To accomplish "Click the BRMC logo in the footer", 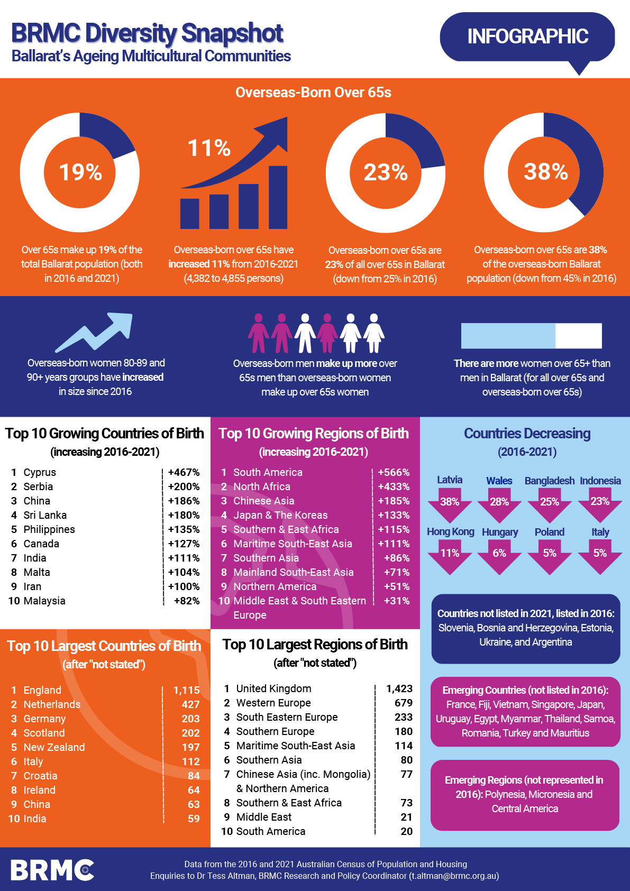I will [x=52, y=870].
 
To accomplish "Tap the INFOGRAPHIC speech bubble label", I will [x=527, y=36].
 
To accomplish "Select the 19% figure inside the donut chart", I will [x=80, y=172].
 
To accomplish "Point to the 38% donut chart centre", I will [x=545, y=172].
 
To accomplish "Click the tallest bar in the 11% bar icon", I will [x=278, y=197].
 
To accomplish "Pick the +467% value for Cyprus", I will [x=184, y=472].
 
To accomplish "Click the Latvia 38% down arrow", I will [x=450, y=503].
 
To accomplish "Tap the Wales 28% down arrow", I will [x=499, y=503].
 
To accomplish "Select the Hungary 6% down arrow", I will [x=499, y=555].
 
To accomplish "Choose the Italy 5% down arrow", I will [x=600, y=555].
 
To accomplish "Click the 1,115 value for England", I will [x=187, y=690].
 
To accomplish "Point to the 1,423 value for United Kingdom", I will [x=399, y=688].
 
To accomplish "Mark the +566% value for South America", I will [x=394, y=472].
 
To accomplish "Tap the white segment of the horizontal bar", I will [x=579, y=336].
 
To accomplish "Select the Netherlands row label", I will [x=52, y=704].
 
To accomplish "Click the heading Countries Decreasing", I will [x=527, y=434].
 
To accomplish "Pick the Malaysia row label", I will [x=44, y=601].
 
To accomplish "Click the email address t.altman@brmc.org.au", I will [x=454, y=876].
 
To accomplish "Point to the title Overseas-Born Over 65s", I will [x=313, y=93].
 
